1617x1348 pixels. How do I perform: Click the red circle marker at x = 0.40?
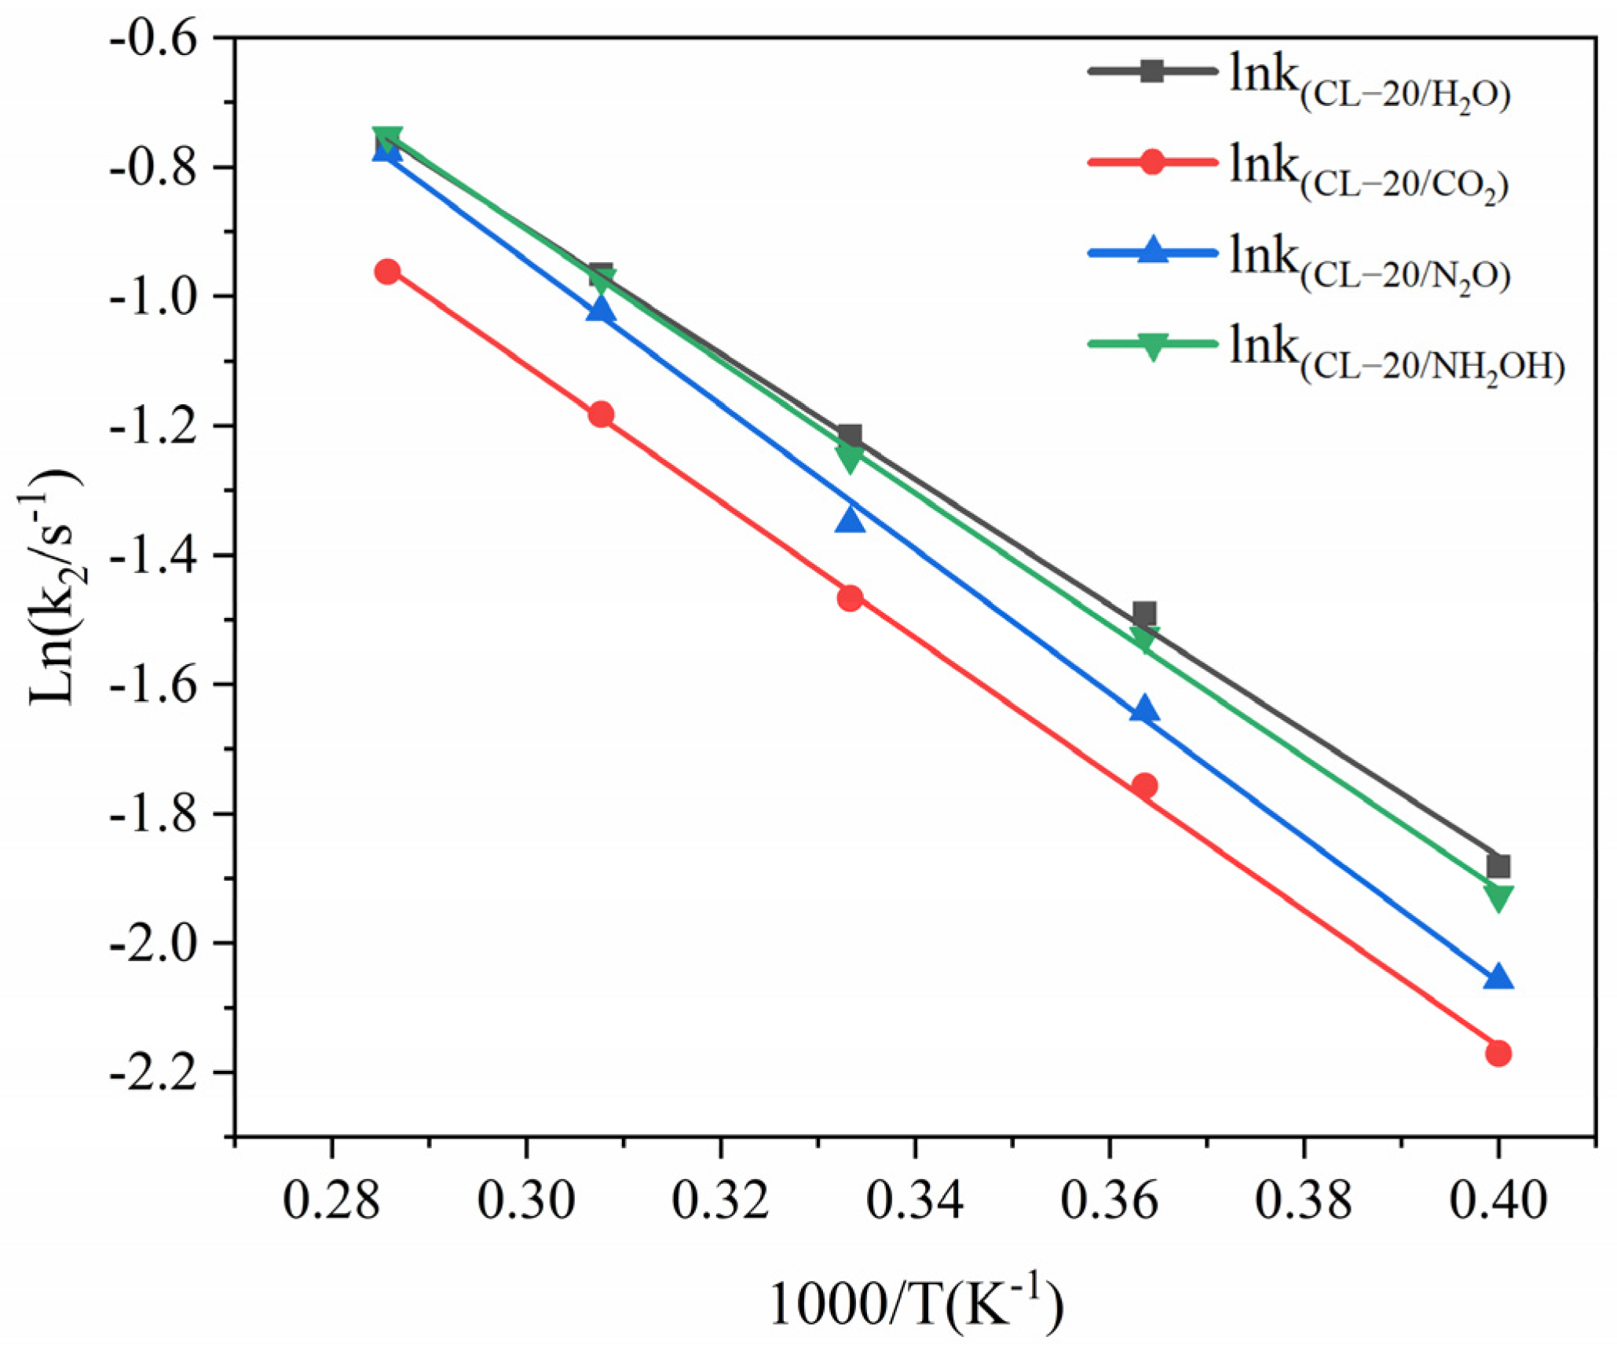click(x=1498, y=1054)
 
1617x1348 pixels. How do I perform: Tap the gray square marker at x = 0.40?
click(x=1498, y=867)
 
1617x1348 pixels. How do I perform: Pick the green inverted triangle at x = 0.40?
click(x=1498, y=898)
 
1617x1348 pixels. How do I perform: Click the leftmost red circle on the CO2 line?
click(x=387, y=272)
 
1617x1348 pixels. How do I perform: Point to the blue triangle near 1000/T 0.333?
click(x=850, y=519)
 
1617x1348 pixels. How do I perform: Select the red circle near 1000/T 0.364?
click(x=1144, y=786)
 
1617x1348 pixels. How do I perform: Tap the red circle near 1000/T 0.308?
click(x=602, y=414)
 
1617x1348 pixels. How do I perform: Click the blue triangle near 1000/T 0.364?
click(x=1144, y=709)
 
